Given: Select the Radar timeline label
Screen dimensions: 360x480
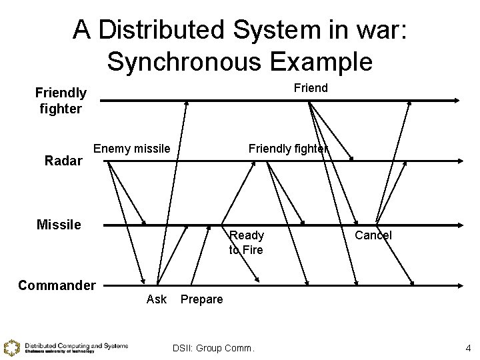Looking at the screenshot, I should pyautogui.click(x=63, y=161).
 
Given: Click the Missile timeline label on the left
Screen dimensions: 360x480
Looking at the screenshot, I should pyautogui.click(x=59, y=225).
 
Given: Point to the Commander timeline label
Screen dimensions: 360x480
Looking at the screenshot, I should pyautogui.click(x=57, y=285).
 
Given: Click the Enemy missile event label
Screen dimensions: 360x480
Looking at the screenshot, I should pyautogui.click(x=132, y=148).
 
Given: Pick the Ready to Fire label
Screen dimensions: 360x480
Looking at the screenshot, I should pyautogui.click(x=246, y=243).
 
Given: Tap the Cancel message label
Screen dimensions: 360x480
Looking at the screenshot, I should pyautogui.click(x=373, y=235).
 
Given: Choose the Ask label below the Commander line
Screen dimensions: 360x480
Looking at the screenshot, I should pyautogui.click(x=156, y=299).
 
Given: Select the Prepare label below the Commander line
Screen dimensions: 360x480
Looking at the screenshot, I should pyautogui.click(x=202, y=299).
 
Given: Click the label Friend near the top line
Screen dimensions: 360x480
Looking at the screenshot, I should pyautogui.click(x=311, y=88).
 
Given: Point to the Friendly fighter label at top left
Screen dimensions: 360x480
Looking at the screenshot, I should pyautogui.click(x=61, y=100).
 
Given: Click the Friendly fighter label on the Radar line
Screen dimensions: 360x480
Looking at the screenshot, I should pyautogui.click(x=288, y=149).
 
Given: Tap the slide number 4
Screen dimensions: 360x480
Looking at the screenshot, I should pyautogui.click(x=468, y=347).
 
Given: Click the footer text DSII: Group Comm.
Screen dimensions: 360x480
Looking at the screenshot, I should pyautogui.click(x=213, y=347).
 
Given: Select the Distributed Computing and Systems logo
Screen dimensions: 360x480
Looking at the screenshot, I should pyautogui.click(x=66, y=347).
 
